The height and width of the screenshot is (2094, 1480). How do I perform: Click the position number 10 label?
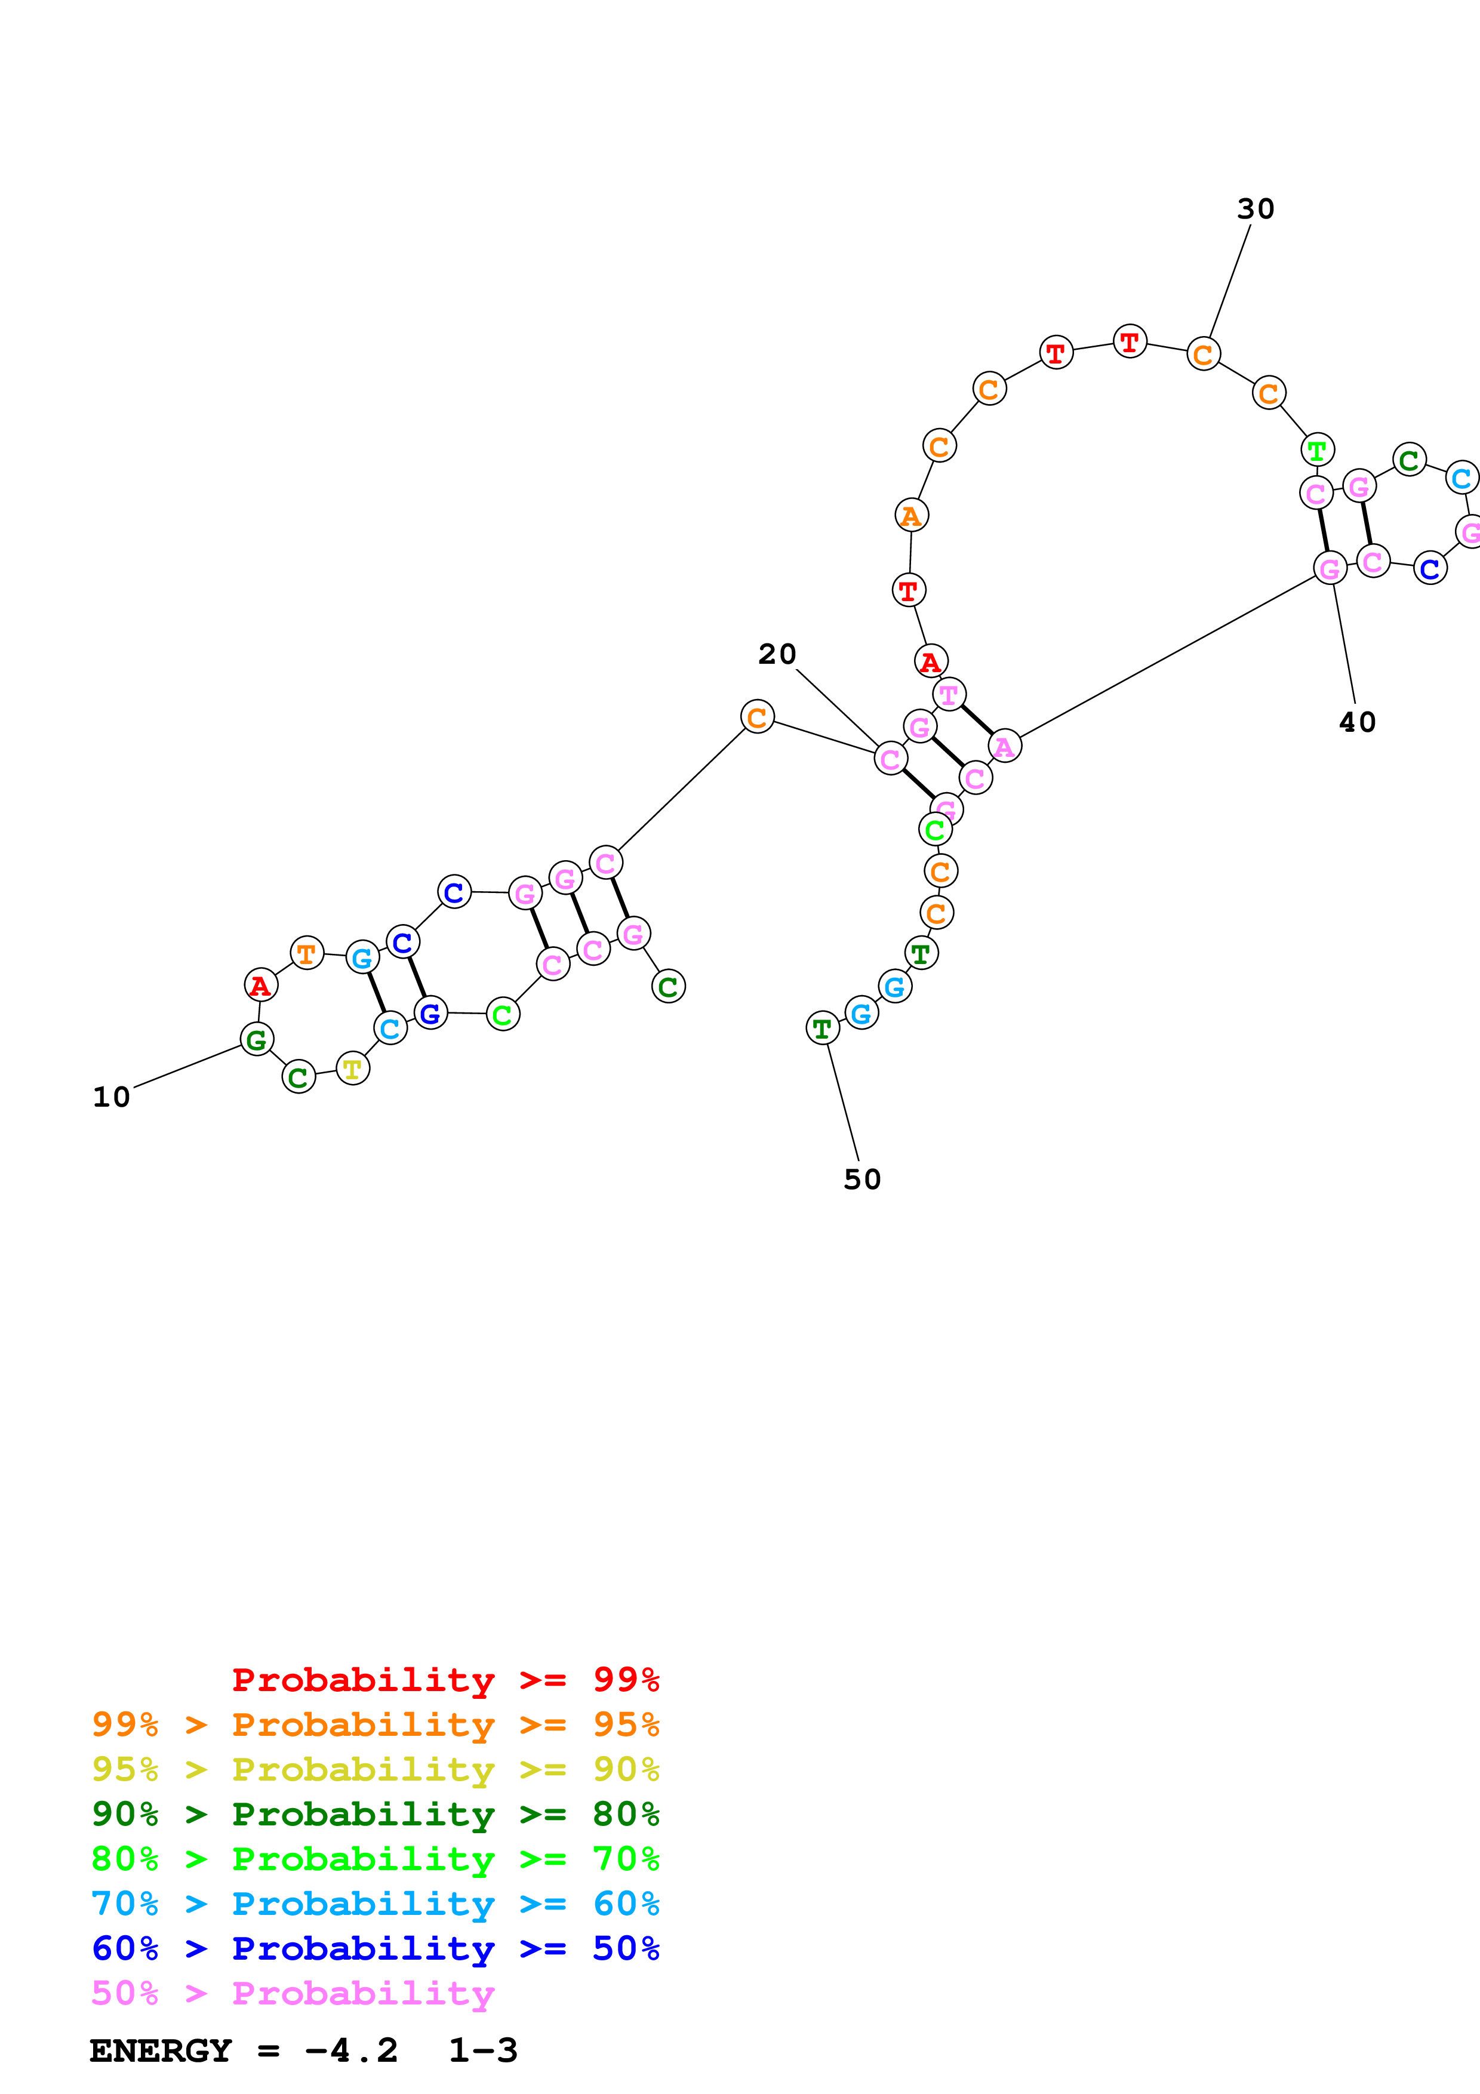point(111,1097)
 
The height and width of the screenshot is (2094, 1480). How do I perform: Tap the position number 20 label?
point(777,654)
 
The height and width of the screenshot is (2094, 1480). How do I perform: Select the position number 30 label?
point(1256,209)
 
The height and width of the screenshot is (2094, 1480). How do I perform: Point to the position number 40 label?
point(1357,722)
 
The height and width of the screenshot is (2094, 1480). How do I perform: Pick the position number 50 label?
point(861,1180)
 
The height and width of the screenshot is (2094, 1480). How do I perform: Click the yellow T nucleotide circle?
point(353,1068)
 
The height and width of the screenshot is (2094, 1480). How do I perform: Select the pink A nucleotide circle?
point(1004,746)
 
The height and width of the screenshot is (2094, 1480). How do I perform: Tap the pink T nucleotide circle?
point(949,694)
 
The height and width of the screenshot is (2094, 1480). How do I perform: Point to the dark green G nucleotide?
point(257,1039)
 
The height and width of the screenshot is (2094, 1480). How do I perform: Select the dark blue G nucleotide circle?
point(430,1012)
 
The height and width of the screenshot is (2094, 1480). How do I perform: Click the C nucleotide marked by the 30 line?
point(1204,354)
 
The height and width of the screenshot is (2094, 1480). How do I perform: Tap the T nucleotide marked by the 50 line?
point(823,1028)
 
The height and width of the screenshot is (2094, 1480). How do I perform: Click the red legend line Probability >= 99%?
point(445,1680)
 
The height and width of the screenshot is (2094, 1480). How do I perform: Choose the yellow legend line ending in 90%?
point(375,1769)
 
